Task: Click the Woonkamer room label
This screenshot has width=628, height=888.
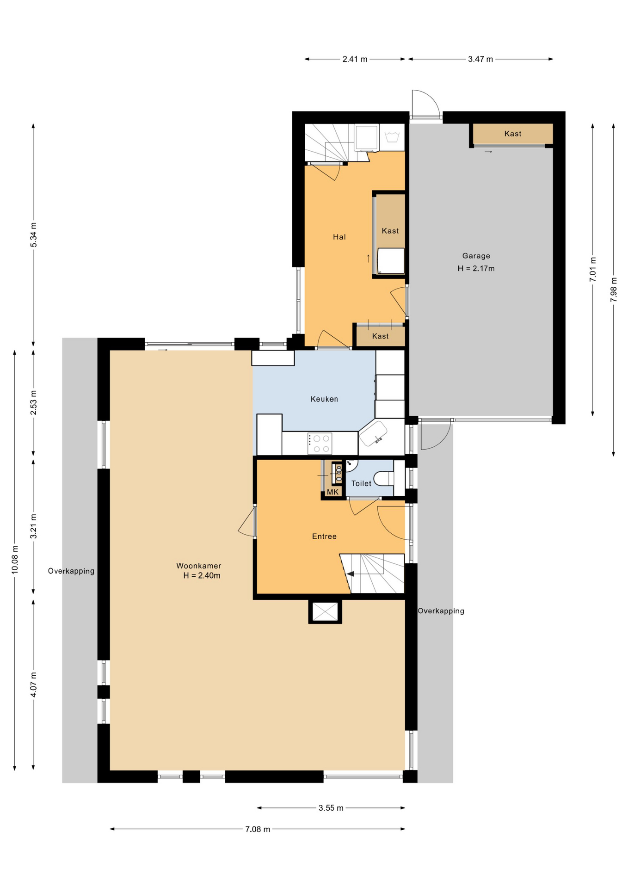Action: [198, 566]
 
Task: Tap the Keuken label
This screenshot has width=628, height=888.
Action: [324, 399]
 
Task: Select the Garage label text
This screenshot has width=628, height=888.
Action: [476, 256]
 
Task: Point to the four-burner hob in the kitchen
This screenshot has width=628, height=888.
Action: [320, 443]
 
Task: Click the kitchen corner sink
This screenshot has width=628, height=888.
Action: [373, 434]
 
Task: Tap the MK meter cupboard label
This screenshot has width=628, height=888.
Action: [332, 492]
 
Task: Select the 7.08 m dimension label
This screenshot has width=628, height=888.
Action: [258, 829]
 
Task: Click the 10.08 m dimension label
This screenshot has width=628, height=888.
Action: [15, 560]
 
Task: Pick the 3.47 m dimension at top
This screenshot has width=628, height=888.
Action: [480, 59]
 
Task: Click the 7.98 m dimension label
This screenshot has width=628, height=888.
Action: [614, 290]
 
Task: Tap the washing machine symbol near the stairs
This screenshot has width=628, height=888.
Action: [392, 137]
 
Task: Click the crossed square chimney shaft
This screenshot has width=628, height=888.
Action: [325, 611]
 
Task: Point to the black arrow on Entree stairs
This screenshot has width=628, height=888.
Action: [351, 574]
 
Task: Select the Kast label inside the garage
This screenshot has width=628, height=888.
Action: [512, 134]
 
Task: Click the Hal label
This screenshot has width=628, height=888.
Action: [339, 237]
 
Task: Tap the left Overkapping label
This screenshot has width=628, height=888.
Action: [71, 571]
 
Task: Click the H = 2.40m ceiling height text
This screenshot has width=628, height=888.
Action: [202, 576]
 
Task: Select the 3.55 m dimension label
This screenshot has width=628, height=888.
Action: [331, 808]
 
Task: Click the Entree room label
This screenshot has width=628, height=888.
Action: [324, 536]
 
